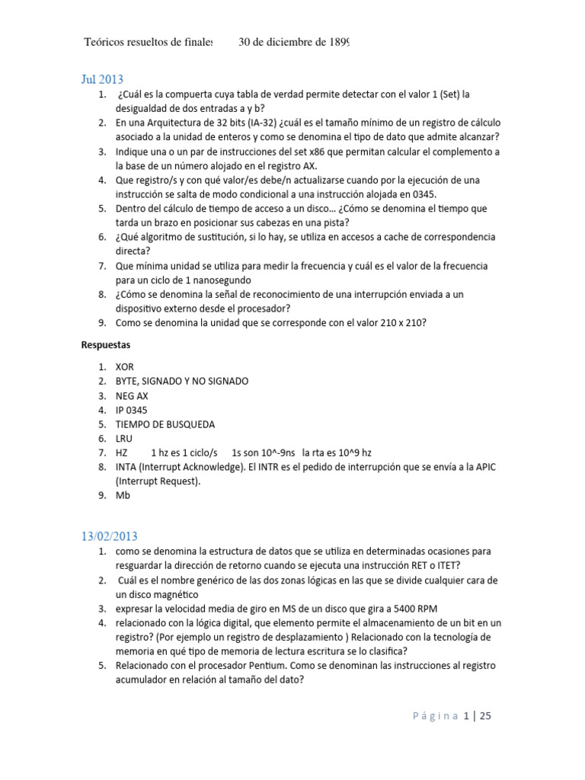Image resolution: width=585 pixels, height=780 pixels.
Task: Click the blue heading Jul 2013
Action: point(102,79)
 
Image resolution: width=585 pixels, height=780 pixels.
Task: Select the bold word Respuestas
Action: point(107,345)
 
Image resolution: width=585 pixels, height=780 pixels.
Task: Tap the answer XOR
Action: point(124,366)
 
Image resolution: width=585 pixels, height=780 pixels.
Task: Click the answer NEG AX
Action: point(133,395)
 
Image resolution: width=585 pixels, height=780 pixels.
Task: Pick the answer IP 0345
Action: point(131,410)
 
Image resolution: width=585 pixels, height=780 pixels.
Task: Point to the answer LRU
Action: point(124,439)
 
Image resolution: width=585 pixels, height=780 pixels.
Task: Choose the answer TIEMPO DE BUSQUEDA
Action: point(165,424)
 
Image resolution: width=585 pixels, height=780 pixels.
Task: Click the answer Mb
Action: point(123,496)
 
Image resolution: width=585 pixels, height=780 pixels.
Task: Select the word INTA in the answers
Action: point(127,467)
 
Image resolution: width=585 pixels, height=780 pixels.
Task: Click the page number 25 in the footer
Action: point(487,716)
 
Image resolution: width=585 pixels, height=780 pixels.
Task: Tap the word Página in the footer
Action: point(436,716)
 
